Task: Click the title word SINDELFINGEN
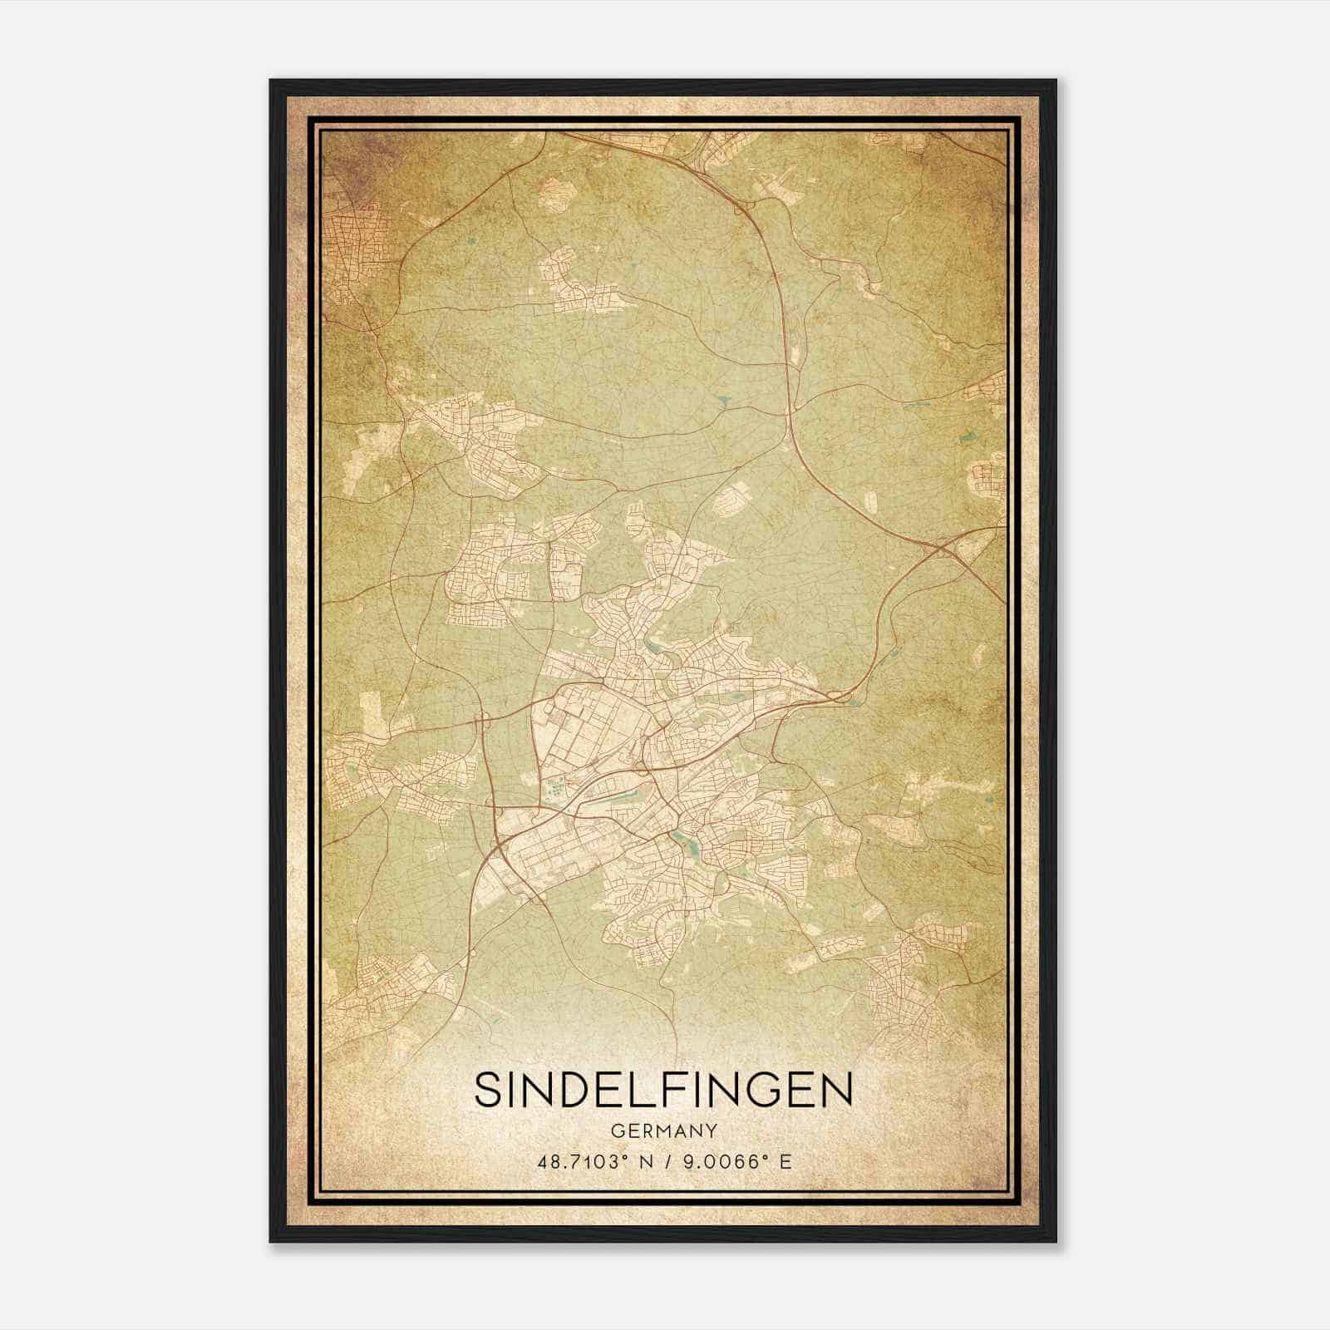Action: pyautogui.click(x=663, y=1090)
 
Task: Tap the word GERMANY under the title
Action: pyautogui.click(x=663, y=1130)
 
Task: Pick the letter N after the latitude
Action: pyautogui.click(x=643, y=1161)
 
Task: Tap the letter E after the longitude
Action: pyautogui.click(x=786, y=1161)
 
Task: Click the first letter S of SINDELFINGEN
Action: pyautogui.click(x=488, y=1090)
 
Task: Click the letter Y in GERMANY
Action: pyautogui.click(x=711, y=1130)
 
